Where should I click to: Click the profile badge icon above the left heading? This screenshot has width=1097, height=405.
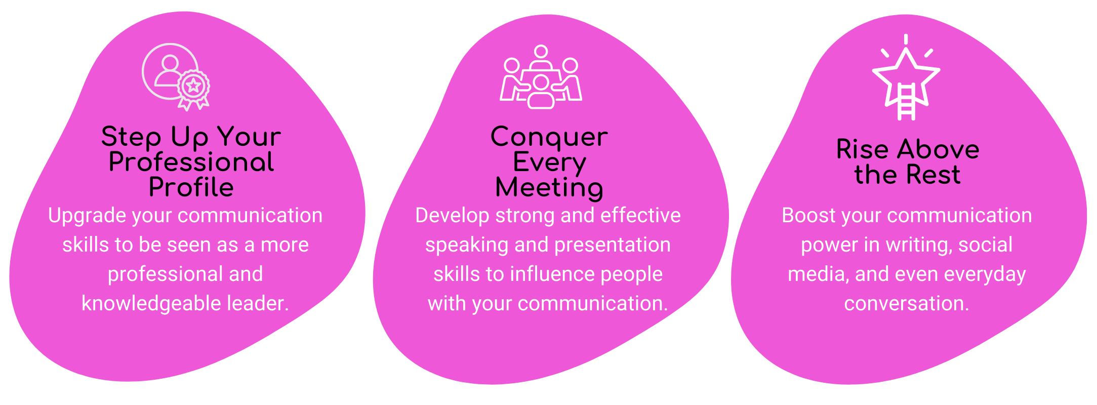point(176,76)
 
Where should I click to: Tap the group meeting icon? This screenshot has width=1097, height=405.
point(541,76)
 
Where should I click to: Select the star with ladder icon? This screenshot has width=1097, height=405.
point(906,77)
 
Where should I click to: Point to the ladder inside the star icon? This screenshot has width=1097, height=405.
point(906,102)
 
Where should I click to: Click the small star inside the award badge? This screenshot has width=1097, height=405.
point(193,86)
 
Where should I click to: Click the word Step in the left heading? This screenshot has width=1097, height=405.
point(131,137)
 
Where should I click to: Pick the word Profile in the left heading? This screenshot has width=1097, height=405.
point(191,187)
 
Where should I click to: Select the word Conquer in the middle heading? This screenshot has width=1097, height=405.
point(549,137)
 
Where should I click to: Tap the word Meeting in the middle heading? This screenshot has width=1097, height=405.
point(549,188)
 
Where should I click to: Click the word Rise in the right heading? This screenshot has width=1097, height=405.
point(862,149)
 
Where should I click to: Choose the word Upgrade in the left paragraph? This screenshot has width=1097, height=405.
point(87,216)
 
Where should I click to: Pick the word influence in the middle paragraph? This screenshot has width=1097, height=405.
point(553,274)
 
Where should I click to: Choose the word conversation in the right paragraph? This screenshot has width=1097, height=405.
point(907,304)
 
